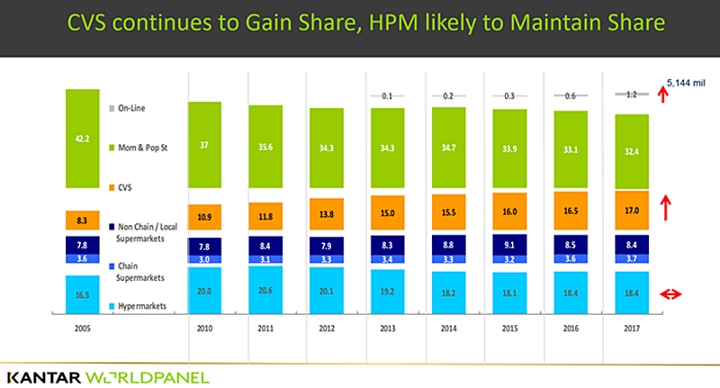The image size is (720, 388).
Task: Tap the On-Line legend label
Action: tap(131, 108)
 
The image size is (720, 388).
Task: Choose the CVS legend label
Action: tap(127, 188)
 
